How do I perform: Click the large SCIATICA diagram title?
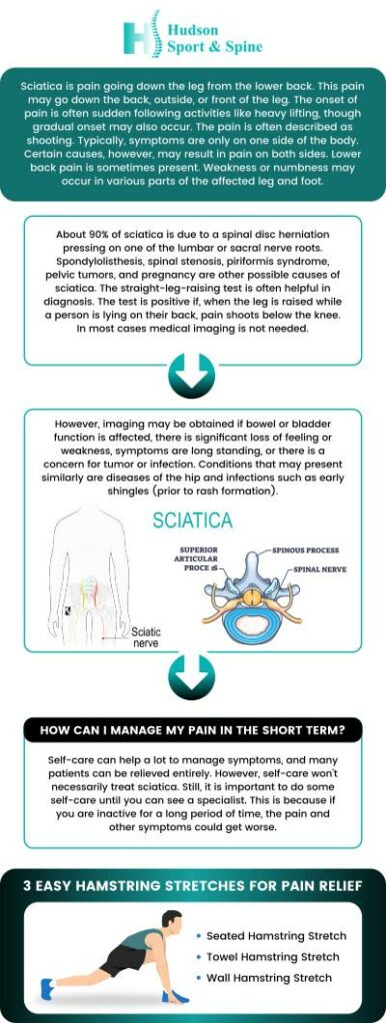[x=192, y=521]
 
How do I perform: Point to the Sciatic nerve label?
[x=146, y=637]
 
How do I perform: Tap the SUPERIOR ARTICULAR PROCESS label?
[x=205, y=558]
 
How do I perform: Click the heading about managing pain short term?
[x=192, y=730]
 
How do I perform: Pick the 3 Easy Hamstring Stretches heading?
[x=192, y=884]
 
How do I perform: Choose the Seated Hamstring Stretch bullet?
[x=276, y=936]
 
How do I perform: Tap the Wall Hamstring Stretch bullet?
[x=269, y=977]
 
